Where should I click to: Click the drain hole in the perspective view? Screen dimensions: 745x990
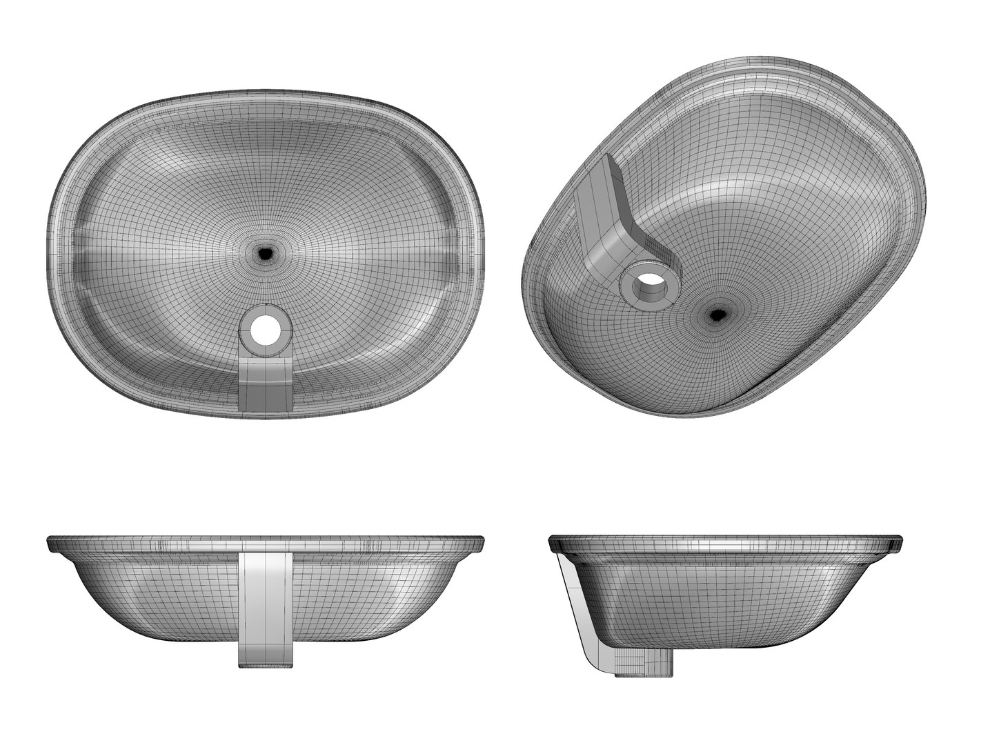[x=718, y=315]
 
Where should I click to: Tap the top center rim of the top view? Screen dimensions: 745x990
[x=266, y=90]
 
